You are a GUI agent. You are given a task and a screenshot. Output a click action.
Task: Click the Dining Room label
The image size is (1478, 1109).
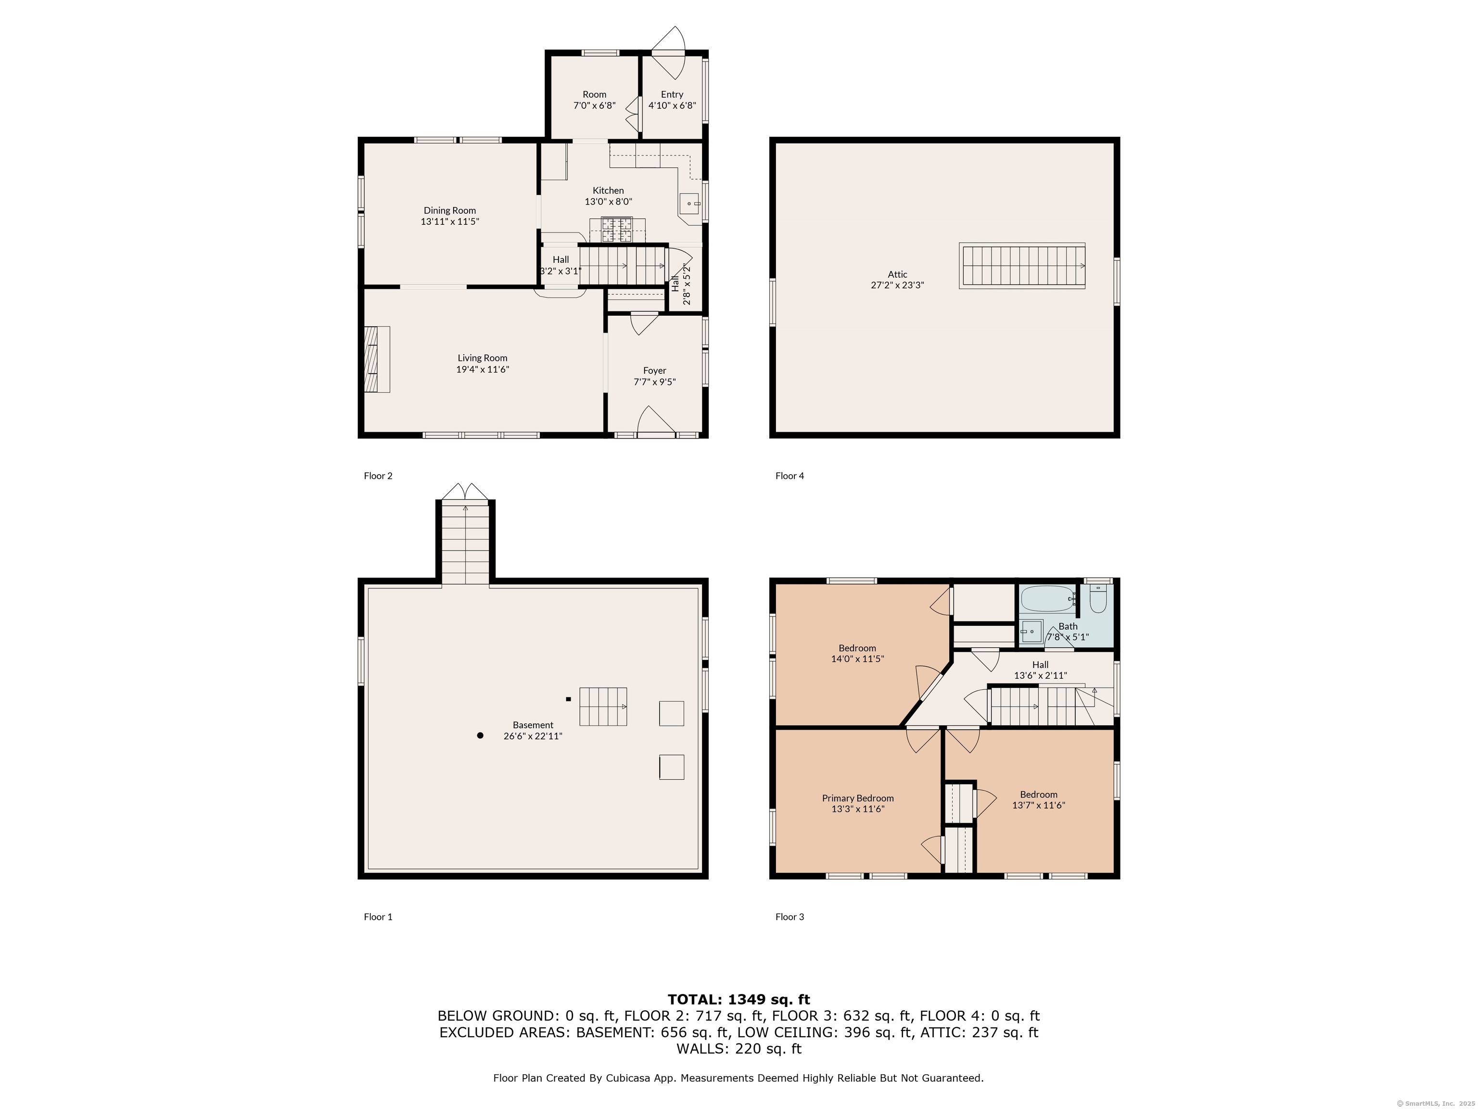(450, 210)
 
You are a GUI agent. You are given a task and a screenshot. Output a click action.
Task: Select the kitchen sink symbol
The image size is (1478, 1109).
(689, 203)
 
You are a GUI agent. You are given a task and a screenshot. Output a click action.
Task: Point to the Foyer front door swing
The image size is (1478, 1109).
(655, 423)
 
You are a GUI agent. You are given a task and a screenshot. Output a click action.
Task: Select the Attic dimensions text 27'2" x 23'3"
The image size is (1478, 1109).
(897, 285)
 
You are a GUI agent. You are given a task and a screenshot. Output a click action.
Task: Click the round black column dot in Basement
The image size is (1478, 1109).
(480, 735)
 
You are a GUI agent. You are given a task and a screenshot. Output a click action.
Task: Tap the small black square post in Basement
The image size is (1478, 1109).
(568, 699)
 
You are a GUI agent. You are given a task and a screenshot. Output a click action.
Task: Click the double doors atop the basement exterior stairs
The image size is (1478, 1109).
(465, 491)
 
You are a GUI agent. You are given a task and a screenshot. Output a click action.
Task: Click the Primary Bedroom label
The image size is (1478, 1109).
(857, 798)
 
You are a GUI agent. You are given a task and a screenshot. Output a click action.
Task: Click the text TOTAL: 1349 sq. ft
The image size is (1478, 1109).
(739, 999)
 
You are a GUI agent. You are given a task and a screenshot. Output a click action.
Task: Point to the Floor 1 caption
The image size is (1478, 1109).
(378, 916)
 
